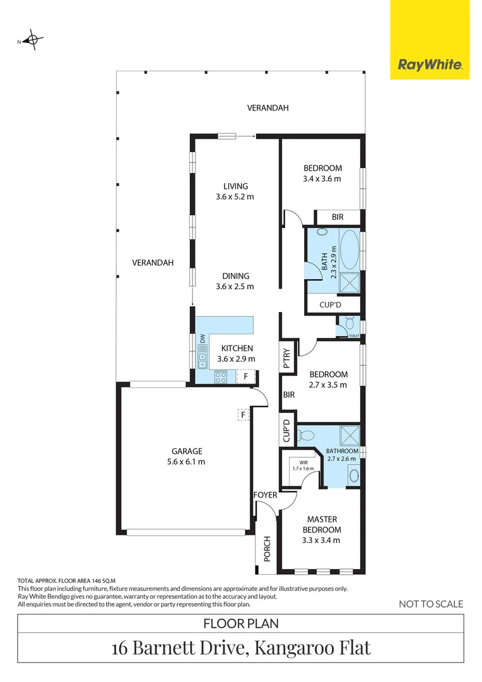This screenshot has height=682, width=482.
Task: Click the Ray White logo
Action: pos(429,64)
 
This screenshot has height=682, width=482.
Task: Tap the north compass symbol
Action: pos(33,40)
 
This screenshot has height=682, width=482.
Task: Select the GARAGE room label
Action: pos(187,451)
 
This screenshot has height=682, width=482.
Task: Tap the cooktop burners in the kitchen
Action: pos(221,377)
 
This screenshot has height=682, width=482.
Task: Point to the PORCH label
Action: pos(267,550)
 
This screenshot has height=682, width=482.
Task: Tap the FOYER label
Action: pos(265,495)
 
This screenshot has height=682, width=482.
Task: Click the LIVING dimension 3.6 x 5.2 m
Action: pos(235,196)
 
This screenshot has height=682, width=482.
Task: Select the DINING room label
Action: pos(235,276)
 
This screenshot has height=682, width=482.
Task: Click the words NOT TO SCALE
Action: pos(431,604)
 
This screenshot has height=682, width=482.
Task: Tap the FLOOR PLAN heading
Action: pos(241,624)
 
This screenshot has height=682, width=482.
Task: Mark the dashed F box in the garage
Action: pos(244,415)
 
